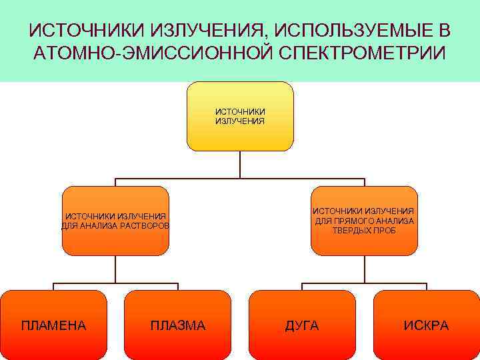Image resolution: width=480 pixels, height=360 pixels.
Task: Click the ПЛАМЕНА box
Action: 53,325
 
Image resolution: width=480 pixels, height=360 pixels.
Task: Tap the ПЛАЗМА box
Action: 178,325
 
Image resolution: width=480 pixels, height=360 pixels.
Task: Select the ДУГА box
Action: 302,325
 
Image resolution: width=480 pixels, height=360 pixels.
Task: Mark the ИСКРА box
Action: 427,325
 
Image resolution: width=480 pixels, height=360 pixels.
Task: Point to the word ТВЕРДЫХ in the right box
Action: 350,230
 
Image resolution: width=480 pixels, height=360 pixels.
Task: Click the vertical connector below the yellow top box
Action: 240,165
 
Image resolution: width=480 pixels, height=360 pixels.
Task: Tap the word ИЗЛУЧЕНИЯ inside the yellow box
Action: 240,121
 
